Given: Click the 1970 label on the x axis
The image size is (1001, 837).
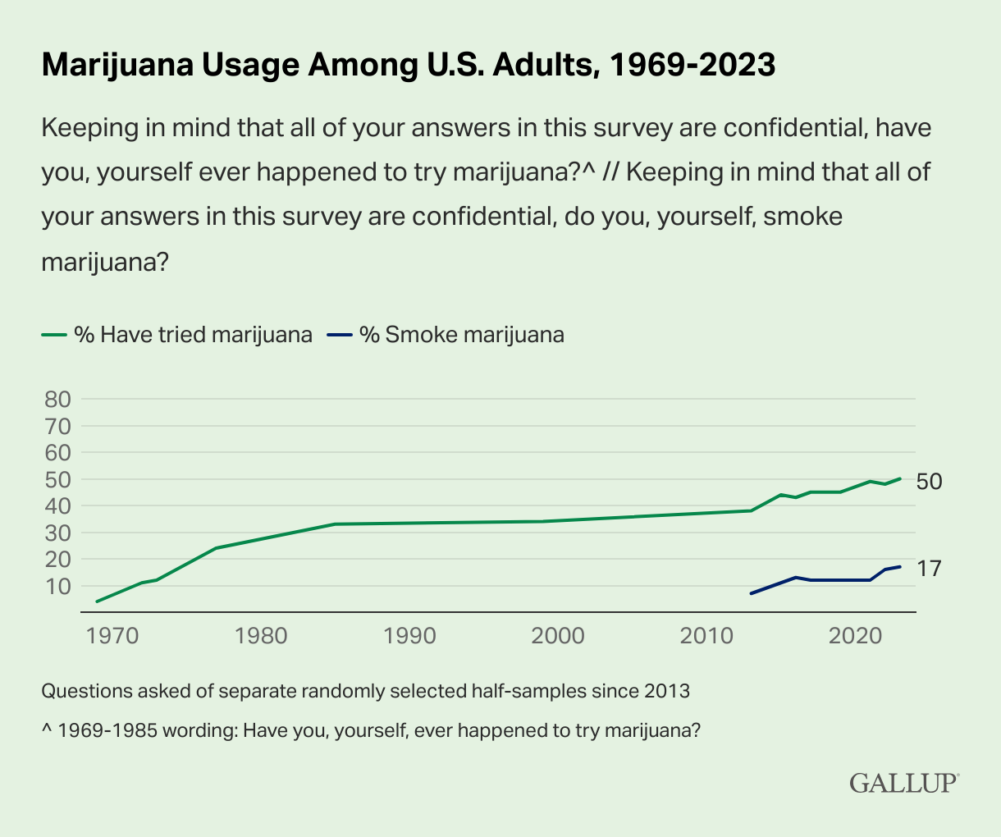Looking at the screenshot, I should [112, 636].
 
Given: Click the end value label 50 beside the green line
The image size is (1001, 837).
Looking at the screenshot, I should [929, 482].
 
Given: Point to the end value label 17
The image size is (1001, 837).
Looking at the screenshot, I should [929, 568].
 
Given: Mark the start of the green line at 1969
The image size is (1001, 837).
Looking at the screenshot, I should [97, 601].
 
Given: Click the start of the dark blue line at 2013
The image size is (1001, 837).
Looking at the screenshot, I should [752, 593].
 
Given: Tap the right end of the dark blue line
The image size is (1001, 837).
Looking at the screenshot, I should [900, 567].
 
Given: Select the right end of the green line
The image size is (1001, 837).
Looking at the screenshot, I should [900, 478].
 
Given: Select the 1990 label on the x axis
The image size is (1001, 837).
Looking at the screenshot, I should [409, 636].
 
